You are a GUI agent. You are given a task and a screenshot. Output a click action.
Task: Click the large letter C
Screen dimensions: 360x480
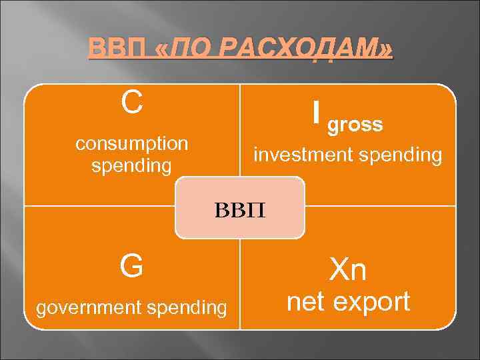[131, 103]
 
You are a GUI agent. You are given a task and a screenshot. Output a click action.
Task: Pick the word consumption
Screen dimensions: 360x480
[131, 143]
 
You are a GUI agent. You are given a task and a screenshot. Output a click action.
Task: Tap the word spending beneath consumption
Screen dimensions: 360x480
[131, 165]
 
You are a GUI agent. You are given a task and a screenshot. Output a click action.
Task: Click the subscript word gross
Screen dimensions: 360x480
[356, 125]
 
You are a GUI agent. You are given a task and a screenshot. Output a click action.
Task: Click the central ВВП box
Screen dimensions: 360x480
[239, 208]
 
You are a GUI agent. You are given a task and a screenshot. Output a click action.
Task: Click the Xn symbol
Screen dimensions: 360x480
[348, 270]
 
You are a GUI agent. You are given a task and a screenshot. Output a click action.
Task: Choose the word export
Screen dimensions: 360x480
[371, 302]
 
